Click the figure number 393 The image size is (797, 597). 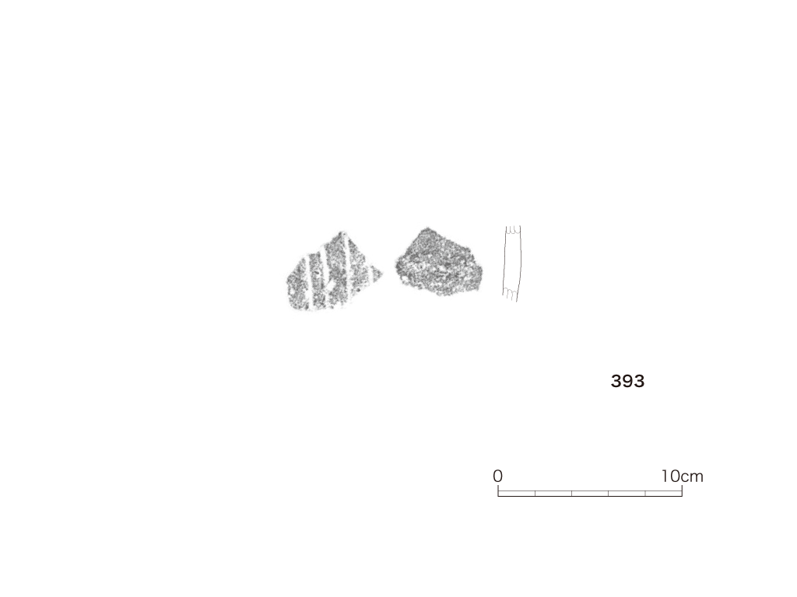coord(627,381)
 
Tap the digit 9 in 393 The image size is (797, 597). coord(627,381)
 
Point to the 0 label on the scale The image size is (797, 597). coord(497,477)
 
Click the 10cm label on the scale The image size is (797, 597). coord(682,477)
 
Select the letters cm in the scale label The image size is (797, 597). coord(692,478)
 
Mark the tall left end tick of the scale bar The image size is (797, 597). coord(498,491)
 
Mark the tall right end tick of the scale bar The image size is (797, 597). coord(682,491)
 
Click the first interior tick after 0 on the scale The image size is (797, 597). coord(535,494)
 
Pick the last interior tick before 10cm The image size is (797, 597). coord(645,494)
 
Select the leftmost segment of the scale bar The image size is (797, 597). coord(517,494)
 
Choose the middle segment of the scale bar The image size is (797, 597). coord(590,494)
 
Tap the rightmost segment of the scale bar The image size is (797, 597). coord(664,494)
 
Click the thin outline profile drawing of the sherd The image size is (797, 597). coord(512,264)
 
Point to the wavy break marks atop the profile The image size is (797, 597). coord(513,229)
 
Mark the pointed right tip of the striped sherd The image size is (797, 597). coord(382,274)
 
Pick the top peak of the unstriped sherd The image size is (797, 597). coord(426,228)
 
